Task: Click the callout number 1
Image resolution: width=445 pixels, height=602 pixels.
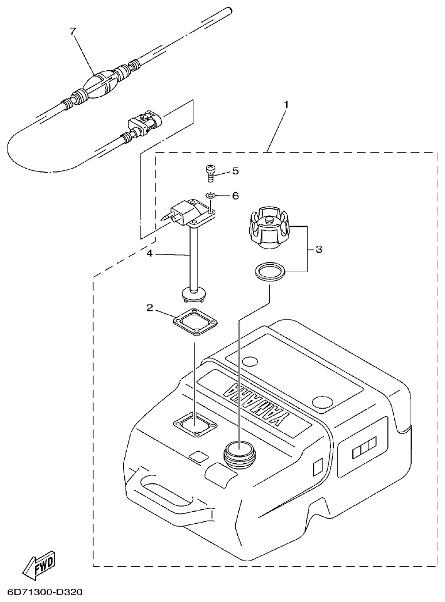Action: point(286,105)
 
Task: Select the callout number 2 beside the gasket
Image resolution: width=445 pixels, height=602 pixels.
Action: point(150,308)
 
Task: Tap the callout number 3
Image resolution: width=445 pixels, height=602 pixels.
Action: point(318,249)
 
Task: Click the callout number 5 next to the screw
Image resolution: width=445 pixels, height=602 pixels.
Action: point(235,171)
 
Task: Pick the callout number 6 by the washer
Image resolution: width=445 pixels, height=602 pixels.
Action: point(235,196)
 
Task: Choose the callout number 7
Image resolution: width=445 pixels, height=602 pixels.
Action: point(73,32)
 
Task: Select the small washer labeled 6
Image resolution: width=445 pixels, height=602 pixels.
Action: point(211,196)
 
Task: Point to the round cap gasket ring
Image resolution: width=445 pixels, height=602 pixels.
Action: point(269,272)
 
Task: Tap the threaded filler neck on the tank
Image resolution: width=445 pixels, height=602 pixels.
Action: point(238,452)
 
